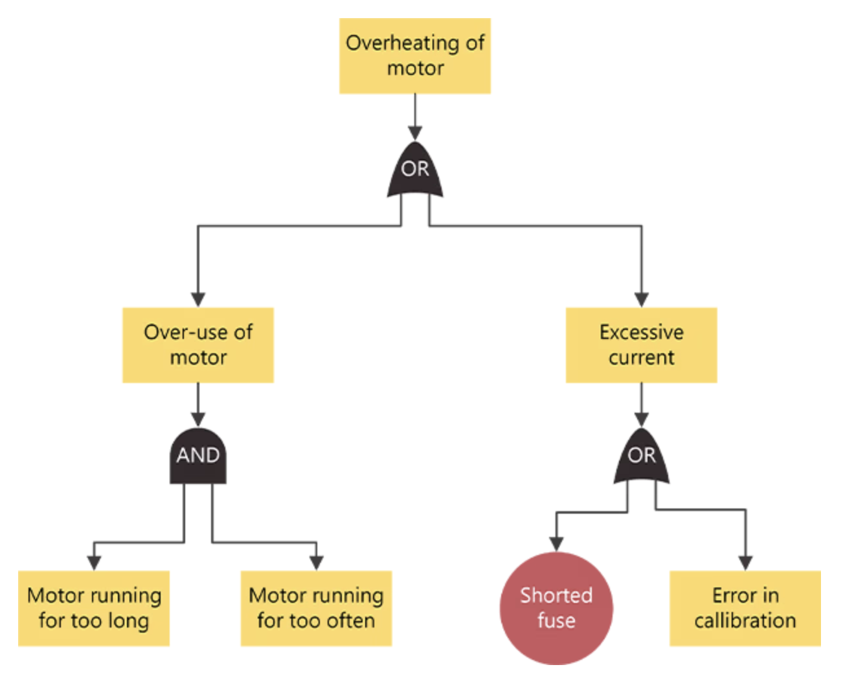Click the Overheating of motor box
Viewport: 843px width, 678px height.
click(x=414, y=56)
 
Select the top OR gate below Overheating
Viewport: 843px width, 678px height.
click(x=415, y=169)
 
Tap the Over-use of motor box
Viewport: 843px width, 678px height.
click(x=198, y=345)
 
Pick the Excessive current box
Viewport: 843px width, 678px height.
click(x=641, y=345)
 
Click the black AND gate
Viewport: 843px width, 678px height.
click(x=198, y=455)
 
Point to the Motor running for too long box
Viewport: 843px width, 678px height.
click(x=94, y=608)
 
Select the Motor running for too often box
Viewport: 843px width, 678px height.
click(x=316, y=608)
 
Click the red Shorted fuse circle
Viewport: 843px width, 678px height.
click(x=556, y=608)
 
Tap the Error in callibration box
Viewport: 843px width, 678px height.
click(x=745, y=608)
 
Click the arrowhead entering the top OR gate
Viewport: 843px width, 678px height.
click(x=415, y=133)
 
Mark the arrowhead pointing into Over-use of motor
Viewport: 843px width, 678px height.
click(x=198, y=300)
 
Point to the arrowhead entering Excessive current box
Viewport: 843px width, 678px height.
click(x=642, y=300)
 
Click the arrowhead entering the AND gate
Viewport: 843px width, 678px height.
click(x=198, y=419)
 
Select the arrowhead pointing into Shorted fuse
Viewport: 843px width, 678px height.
click(x=556, y=544)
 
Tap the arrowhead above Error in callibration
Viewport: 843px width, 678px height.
click(x=745, y=563)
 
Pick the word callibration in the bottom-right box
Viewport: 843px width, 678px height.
click(x=745, y=620)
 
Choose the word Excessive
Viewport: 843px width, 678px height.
click(x=641, y=333)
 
